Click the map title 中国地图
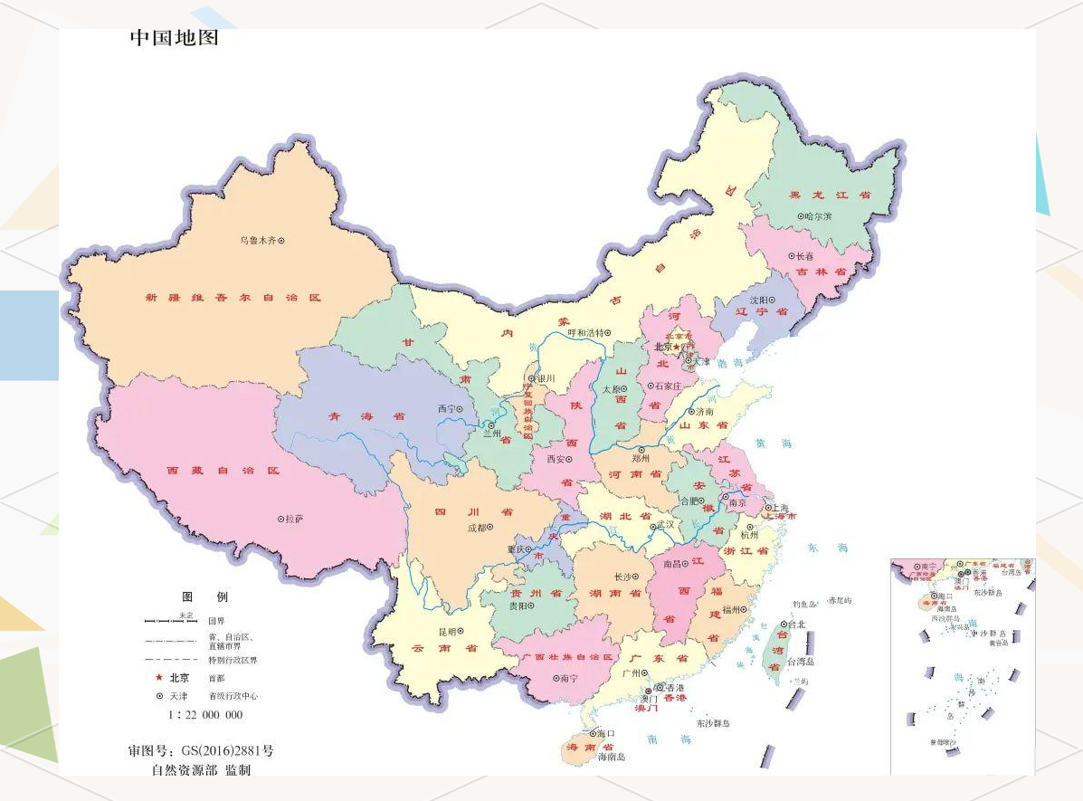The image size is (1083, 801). coord(174,38)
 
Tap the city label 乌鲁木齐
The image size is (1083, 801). coord(257,241)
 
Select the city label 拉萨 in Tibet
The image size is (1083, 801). coord(293,520)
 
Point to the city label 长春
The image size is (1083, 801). coord(804,256)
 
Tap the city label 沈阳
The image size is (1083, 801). coord(758,300)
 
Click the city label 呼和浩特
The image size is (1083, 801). coord(588,332)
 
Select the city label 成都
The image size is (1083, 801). coord(477,528)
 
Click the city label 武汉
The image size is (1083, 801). coord(666,525)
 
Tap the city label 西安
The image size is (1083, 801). coord(558,459)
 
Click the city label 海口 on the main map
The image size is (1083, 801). coord(605,733)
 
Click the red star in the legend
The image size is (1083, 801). coord(158,677)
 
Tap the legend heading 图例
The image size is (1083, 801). coord(205,597)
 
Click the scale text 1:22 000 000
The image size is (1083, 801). coord(205,714)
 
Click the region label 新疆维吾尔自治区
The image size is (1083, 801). coord(233,297)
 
